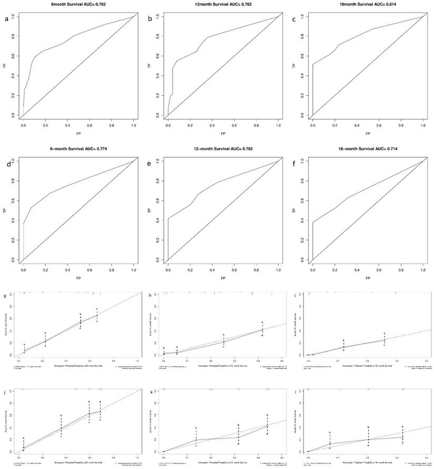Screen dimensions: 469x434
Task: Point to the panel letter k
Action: pyautogui.click(x=151, y=393)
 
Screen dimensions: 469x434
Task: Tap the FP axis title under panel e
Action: pyautogui.click(x=224, y=278)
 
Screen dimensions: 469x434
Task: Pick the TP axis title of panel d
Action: pyautogui.click(x=4, y=211)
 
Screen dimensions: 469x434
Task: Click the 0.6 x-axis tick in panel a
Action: pyautogui.click(x=90, y=126)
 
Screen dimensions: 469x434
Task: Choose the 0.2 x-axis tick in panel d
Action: pyautogui.click(x=45, y=270)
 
